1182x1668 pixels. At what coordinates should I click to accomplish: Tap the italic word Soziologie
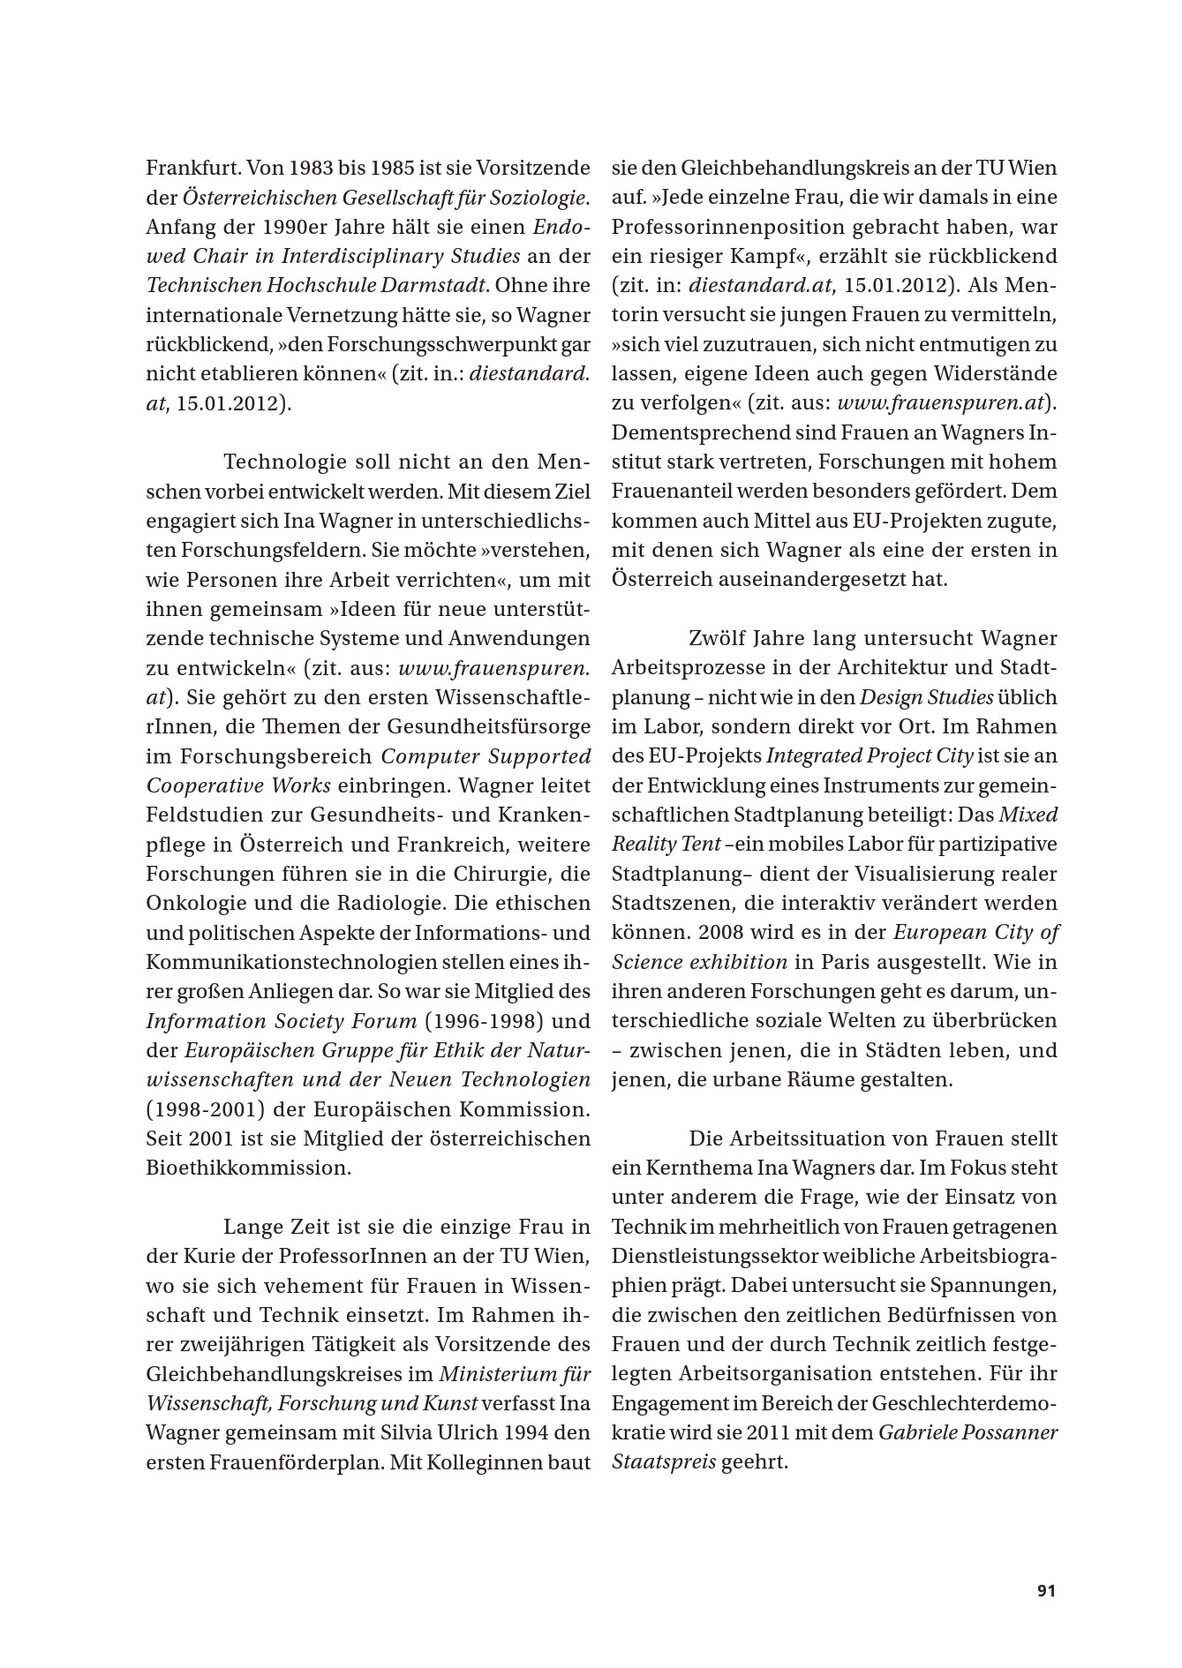pos(542,197)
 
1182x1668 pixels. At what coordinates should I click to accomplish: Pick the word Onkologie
pos(188,903)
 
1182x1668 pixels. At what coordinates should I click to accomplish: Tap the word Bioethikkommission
pos(248,1168)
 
